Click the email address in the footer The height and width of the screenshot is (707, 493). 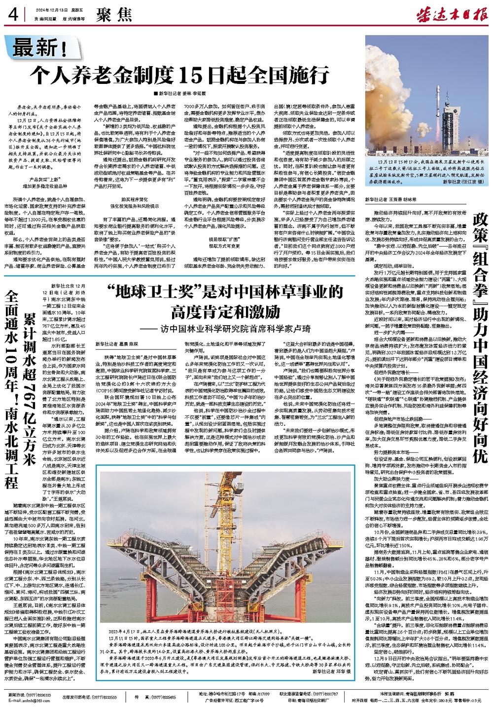click(x=30, y=701)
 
